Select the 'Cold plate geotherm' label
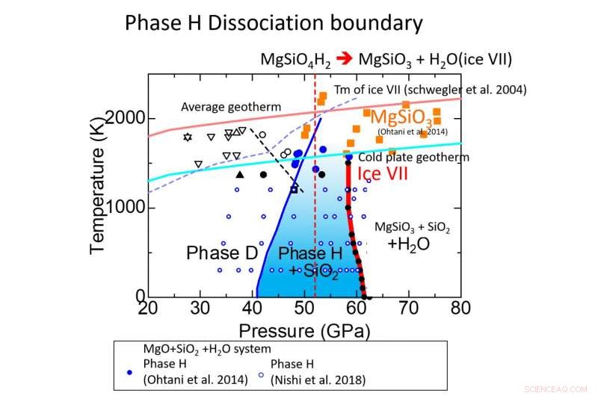(413, 158)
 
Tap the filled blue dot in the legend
(130, 371)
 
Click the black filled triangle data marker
(239, 175)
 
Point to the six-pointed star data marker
(188, 137)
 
